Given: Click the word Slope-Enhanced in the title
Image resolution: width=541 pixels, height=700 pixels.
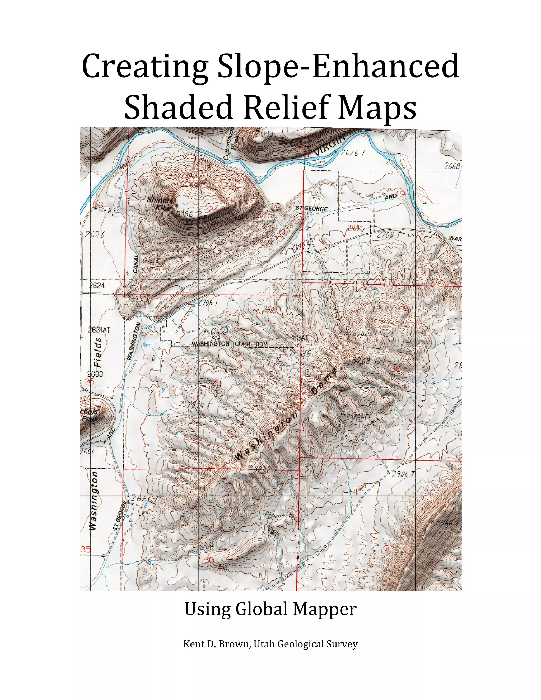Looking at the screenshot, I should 338,67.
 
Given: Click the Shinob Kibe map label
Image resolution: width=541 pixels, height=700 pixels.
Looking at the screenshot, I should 159,203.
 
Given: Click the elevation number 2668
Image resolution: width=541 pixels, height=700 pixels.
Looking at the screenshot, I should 452,166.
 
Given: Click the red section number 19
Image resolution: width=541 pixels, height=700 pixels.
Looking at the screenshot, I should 401,194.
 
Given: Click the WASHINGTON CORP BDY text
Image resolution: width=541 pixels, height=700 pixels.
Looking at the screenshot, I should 229,344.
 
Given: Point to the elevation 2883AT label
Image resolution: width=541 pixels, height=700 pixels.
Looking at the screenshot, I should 296,338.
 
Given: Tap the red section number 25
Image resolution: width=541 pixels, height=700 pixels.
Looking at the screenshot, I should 217,383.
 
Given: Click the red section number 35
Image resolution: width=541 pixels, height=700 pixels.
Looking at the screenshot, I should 86,549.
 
